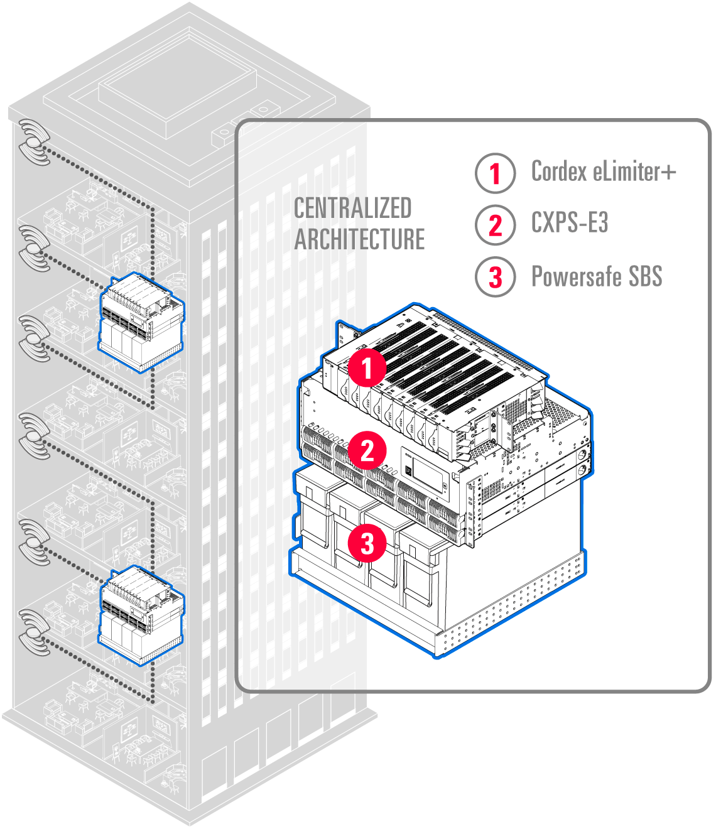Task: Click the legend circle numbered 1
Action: [x=495, y=173]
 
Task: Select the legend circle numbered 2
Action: [x=495, y=225]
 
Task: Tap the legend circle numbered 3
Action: [x=495, y=277]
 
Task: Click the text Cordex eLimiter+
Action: [x=603, y=171]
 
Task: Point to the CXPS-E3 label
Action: [x=570, y=223]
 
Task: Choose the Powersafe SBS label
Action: [x=597, y=276]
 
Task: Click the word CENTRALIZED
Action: [x=352, y=209]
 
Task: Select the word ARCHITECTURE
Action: [x=359, y=240]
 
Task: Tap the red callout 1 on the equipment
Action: [x=367, y=368]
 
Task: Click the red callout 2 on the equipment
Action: [x=367, y=450]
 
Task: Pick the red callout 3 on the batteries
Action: [x=367, y=543]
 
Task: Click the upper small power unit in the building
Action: [x=141, y=323]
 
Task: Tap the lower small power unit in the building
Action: [x=141, y=614]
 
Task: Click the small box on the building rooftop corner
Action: [x=222, y=136]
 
